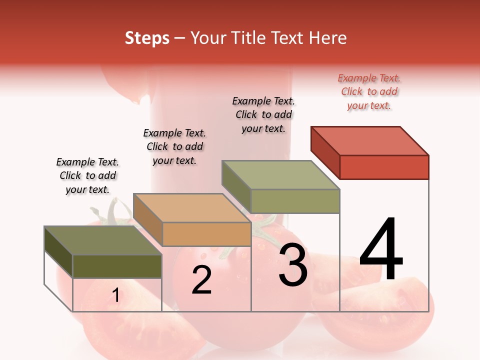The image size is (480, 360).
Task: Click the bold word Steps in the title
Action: pos(147,38)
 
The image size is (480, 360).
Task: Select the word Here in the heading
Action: pos(327,38)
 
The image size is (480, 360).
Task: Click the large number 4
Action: pos(381,250)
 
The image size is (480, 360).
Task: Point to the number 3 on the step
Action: pos(292,265)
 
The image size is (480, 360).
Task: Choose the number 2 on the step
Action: pos(201,280)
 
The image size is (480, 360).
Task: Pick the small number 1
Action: pos(115,295)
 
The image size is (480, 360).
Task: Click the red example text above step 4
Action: pos(369,92)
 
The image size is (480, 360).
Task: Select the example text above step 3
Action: pos(263,114)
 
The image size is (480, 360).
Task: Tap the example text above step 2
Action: pos(174,146)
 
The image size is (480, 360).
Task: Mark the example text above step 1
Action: pos(87,175)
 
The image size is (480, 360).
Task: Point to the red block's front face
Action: pos(384,167)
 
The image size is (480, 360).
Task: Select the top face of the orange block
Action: pos(192,207)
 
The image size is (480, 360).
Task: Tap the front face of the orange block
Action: pos(206,234)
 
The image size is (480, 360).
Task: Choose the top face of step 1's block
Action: pos(103,240)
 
